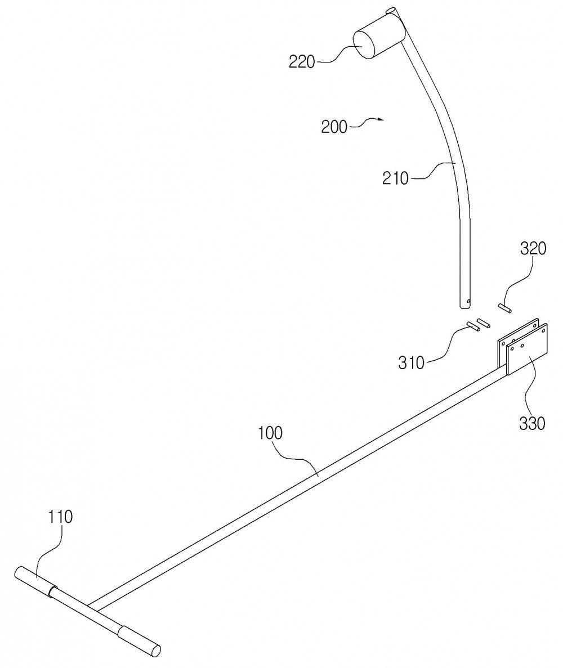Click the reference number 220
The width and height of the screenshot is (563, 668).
click(x=302, y=62)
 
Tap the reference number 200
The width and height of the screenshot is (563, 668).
click(x=334, y=127)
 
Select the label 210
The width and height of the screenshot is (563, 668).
click(x=395, y=178)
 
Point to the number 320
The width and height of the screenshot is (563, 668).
click(x=533, y=248)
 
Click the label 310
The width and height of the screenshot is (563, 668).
click(x=412, y=362)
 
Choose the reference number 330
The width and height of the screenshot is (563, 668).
click(x=532, y=423)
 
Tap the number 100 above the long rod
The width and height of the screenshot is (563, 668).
click(x=270, y=433)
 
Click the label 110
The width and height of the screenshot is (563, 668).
click(x=60, y=517)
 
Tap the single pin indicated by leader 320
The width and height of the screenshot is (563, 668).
click(x=505, y=308)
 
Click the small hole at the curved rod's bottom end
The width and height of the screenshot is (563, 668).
click(x=468, y=302)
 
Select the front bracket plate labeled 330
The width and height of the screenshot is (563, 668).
click(x=528, y=349)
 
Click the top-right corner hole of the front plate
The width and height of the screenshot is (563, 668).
click(x=543, y=329)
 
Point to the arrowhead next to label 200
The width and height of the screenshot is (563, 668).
click(x=381, y=120)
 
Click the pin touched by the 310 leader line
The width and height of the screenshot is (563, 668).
click(x=473, y=326)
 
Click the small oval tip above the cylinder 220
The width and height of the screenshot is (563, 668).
click(x=390, y=10)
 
